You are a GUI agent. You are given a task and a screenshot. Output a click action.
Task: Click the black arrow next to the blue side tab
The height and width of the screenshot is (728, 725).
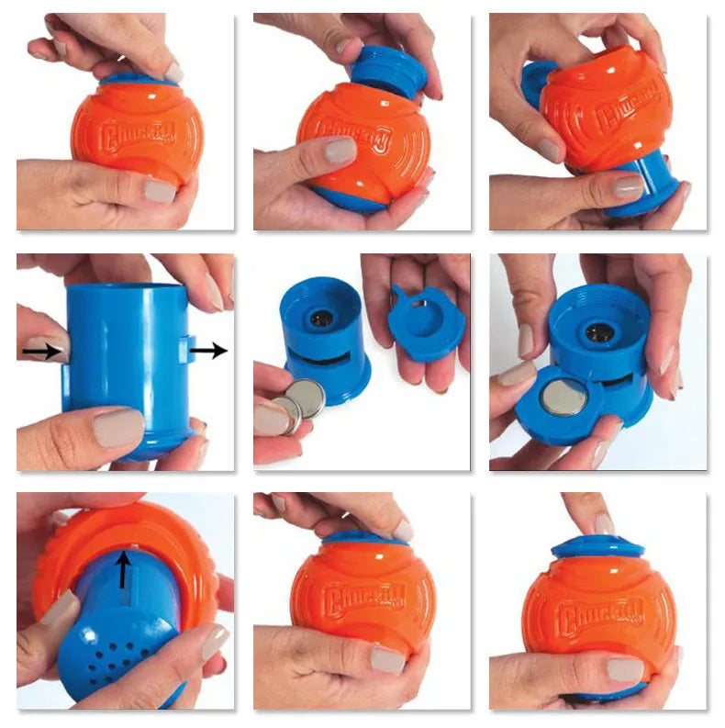(209, 349)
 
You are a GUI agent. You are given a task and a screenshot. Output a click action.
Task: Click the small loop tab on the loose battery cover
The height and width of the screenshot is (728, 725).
(401, 295)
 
